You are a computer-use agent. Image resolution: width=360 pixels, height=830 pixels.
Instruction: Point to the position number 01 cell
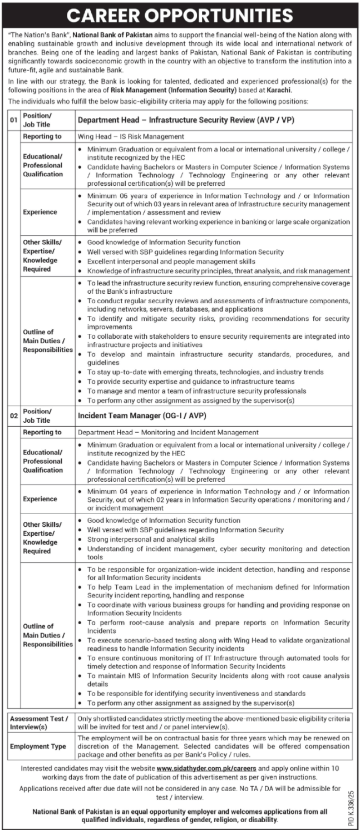[x=13, y=120]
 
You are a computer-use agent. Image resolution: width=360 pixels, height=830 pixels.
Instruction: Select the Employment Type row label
[x=38, y=746]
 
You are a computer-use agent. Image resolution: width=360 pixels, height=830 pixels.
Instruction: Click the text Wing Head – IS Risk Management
[x=131, y=136]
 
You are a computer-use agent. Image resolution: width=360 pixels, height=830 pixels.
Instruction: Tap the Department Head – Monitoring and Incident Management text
[x=169, y=432]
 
